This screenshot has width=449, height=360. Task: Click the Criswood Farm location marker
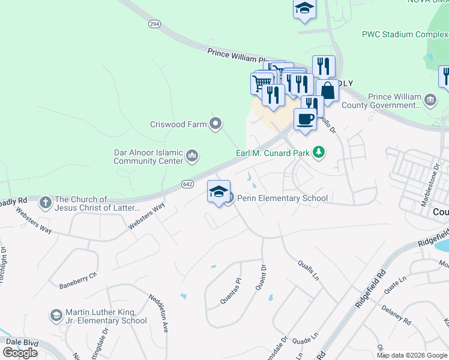pyautogui.click(x=216, y=125)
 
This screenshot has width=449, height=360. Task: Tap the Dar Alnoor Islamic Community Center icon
pyautogui.click(x=192, y=157)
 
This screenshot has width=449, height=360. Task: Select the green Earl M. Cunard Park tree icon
pyautogui.click(x=319, y=152)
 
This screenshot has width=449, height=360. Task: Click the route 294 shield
pyautogui.click(x=155, y=24)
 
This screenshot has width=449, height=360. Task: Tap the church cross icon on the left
pyautogui.click(x=45, y=203)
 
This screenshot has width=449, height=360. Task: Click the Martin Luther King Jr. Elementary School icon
pyautogui.click(x=56, y=316)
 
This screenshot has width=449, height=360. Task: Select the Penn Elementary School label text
pyautogui.click(x=282, y=198)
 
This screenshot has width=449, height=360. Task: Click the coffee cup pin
pyautogui.click(x=305, y=118)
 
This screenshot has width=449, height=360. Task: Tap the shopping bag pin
pyautogui.click(x=328, y=90)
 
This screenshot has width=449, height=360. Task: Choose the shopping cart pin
pyautogui.click(x=259, y=83)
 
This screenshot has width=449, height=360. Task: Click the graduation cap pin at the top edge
pyautogui.click(x=304, y=8)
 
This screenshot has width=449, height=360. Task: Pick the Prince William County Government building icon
pyautogui.click(x=430, y=99)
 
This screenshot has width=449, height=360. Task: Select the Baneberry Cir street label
pyautogui.click(x=78, y=281)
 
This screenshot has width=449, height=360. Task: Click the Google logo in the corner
pyautogui.click(x=20, y=353)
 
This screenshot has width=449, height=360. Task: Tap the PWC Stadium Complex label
pyautogui.click(x=404, y=34)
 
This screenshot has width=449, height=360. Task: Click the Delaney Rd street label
pyautogui.click(x=396, y=314)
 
